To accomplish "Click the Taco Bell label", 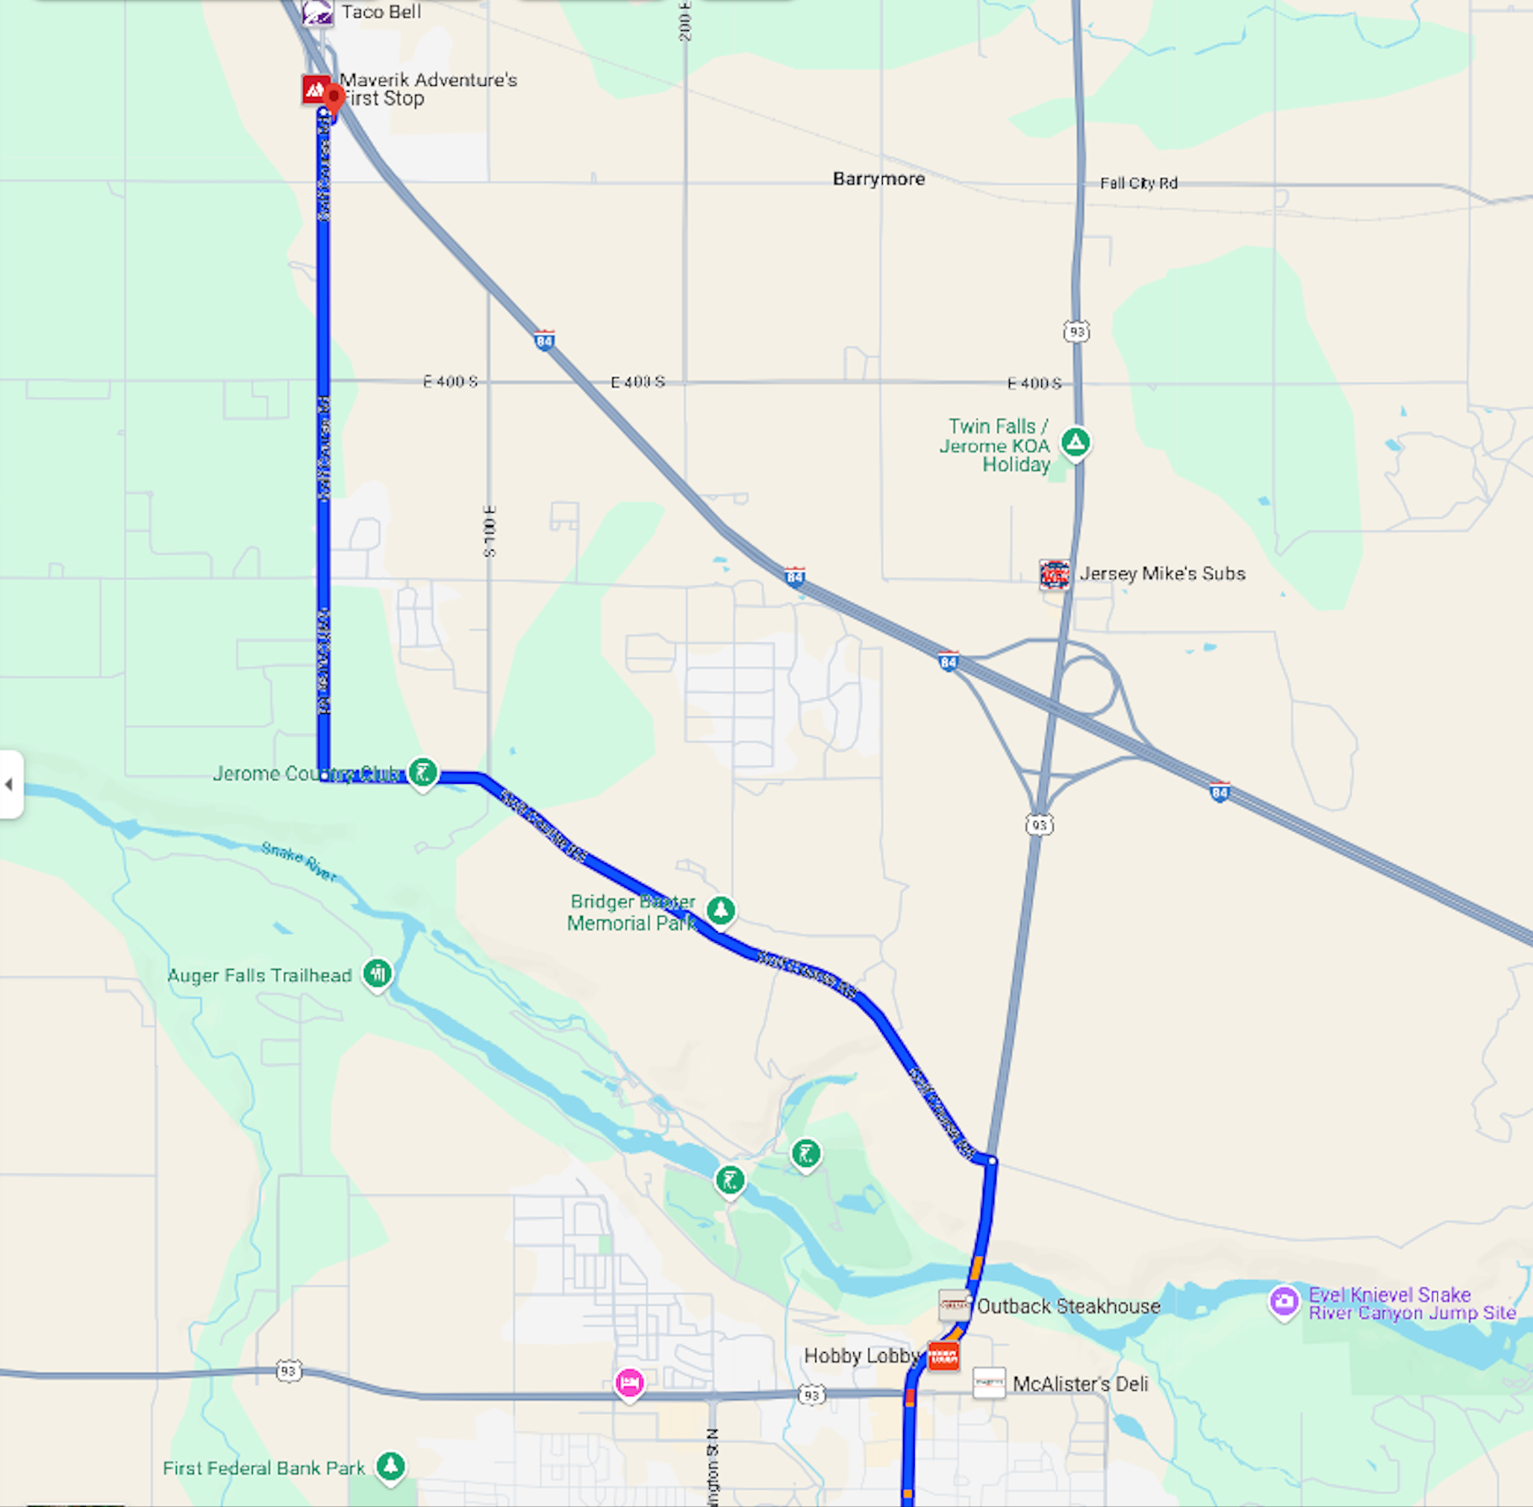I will [x=381, y=12].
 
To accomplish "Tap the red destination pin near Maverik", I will [x=334, y=98].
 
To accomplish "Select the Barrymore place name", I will [x=879, y=179].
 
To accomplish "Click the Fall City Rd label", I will [x=1138, y=184].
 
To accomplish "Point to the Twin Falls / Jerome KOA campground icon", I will [x=1076, y=442].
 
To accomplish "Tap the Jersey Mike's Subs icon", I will [x=1055, y=574].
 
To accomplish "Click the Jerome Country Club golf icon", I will [x=423, y=771].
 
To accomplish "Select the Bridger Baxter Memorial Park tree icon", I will [x=721, y=910].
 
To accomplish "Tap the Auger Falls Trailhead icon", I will [x=377, y=974].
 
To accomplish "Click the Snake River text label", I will [x=298, y=861].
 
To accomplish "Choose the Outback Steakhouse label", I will [x=1068, y=1307].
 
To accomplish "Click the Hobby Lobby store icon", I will [x=943, y=1355].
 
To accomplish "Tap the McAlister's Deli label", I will [x=1080, y=1384].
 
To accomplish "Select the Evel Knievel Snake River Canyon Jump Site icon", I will [x=1285, y=1302].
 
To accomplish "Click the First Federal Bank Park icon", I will [x=390, y=1466].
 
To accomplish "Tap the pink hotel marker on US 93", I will [x=629, y=1382].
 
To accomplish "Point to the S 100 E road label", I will [x=490, y=531].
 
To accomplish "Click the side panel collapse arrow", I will [x=9, y=785].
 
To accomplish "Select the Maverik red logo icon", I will [x=316, y=89].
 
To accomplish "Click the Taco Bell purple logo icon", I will [x=318, y=13].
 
